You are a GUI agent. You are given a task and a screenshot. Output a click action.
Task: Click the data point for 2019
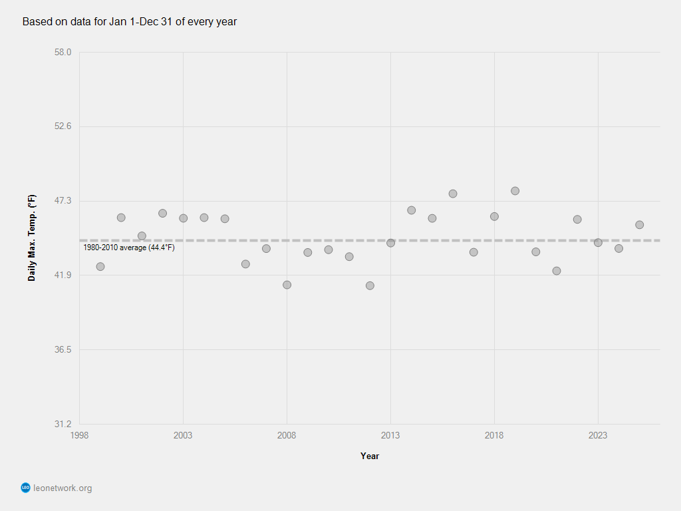pyautogui.click(x=515, y=191)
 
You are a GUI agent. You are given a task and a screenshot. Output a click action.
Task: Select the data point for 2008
pyautogui.click(x=287, y=285)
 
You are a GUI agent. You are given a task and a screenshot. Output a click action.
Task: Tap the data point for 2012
pyautogui.click(x=370, y=285)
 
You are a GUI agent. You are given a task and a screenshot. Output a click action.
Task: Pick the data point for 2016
pyautogui.click(x=453, y=194)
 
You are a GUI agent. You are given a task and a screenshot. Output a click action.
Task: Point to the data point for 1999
pyautogui.click(x=100, y=267)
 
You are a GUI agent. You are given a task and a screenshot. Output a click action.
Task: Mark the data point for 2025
pyautogui.click(x=639, y=225)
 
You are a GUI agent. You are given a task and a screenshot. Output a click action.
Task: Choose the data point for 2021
pyautogui.click(x=557, y=271)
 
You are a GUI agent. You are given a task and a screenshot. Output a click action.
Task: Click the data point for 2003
pyautogui.click(x=183, y=218)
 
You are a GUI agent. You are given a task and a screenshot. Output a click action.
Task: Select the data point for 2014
pyautogui.click(x=411, y=210)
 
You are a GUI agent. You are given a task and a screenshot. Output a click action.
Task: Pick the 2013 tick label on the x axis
pyautogui.click(x=390, y=435)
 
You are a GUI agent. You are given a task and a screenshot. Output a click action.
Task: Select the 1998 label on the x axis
pyautogui.click(x=79, y=435)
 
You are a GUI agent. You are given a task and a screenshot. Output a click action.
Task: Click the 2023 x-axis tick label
pyautogui.click(x=598, y=435)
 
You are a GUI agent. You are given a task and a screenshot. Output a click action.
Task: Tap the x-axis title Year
pyautogui.click(x=370, y=456)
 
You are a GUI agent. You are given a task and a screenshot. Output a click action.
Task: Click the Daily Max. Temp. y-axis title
pyautogui.click(x=32, y=238)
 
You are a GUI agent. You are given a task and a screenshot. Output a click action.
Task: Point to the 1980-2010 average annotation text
pyautogui.click(x=128, y=248)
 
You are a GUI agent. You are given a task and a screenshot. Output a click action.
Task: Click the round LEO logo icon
pyautogui.click(x=26, y=488)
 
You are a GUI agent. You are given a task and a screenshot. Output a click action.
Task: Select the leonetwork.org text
pyautogui.click(x=63, y=488)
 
